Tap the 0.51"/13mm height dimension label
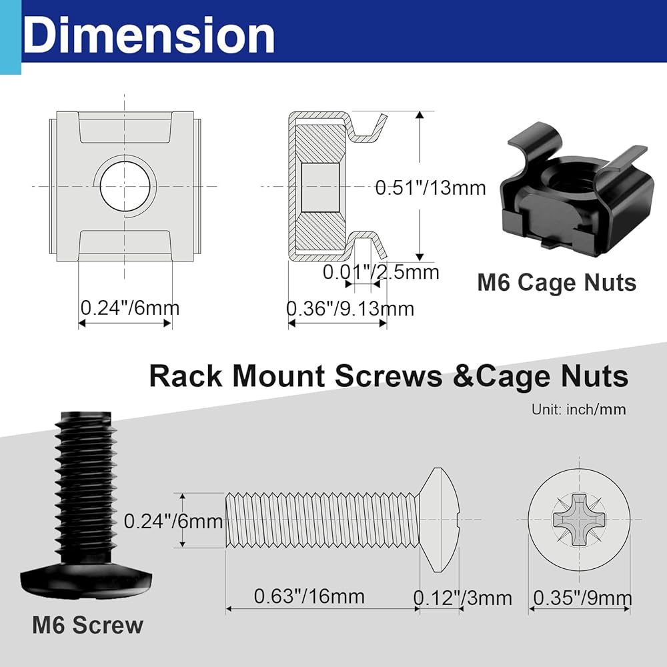click(430, 187)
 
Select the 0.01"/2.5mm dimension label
click(381, 271)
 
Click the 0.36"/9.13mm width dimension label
click(350, 309)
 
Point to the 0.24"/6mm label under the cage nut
click(129, 309)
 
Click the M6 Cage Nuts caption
click(556, 282)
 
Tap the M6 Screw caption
click(87, 625)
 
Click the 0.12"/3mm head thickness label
click(462, 598)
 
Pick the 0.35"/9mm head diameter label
click(581, 598)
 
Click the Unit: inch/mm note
click(578, 410)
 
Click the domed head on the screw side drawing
click(440, 520)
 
